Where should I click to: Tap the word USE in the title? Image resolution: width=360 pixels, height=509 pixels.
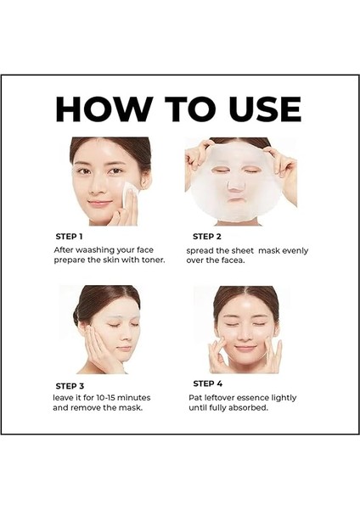256,109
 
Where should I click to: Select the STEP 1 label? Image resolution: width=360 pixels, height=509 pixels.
69,236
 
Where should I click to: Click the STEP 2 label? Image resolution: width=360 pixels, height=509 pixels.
207,237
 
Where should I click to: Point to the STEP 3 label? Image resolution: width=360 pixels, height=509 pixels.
70,386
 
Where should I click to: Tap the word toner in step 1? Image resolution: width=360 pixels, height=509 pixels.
151,260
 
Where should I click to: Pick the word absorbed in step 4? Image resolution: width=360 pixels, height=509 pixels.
247,407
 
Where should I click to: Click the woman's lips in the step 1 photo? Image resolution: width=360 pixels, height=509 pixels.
98,203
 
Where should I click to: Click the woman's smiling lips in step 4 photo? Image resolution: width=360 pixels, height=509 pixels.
245,348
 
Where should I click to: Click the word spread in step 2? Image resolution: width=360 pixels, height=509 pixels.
202,250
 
